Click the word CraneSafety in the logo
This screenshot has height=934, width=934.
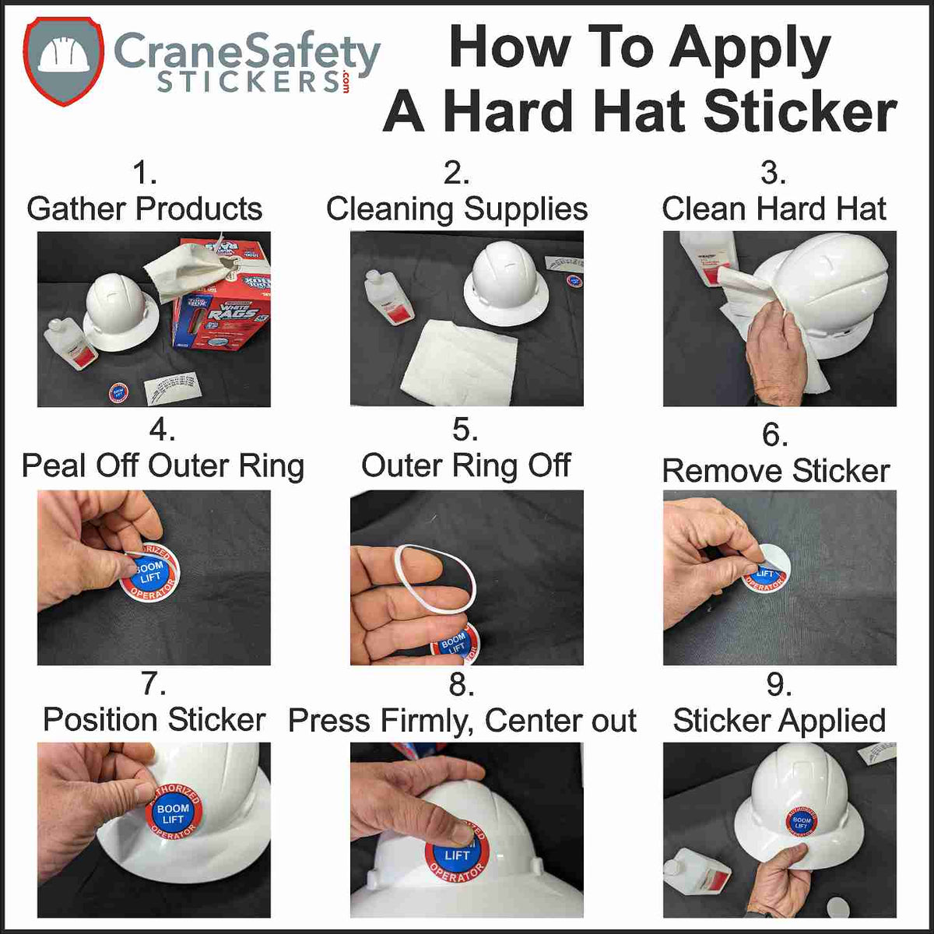point(247,51)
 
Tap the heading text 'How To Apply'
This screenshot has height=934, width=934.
point(639,48)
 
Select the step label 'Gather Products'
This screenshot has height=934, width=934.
point(144,209)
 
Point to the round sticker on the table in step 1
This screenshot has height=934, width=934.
point(118,392)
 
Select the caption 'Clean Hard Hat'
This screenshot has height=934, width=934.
point(774,209)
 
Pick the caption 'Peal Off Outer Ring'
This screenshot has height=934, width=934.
point(163,465)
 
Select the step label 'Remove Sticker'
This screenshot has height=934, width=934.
point(775,470)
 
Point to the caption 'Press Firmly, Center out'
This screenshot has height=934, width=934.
point(462,721)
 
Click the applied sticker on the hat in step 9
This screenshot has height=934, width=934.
point(801,821)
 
